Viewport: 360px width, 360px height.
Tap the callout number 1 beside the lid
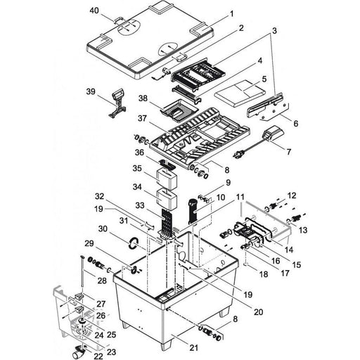click(233, 13)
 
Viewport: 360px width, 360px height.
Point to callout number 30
click(103, 229)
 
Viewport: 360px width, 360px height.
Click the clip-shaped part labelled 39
click(116, 99)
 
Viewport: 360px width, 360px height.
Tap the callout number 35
click(137, 170)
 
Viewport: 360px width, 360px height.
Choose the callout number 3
click(274, 32)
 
